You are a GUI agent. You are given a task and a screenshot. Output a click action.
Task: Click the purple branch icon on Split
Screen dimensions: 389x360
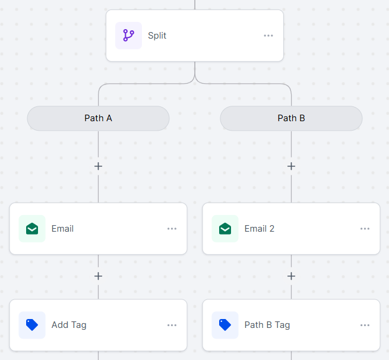click(x=128, y=36)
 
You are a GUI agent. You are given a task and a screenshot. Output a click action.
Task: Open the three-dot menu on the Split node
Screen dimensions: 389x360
click(x=268, y=36)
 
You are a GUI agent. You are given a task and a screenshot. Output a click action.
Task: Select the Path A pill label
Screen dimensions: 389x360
click(x=98, y=118)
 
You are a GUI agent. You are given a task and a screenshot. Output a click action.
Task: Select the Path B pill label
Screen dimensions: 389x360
click(x=291, y=118)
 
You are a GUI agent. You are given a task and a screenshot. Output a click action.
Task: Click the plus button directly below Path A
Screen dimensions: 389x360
click(x=98, y=166)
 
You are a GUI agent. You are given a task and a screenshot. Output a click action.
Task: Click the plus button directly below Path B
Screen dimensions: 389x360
click(x=291, y=166)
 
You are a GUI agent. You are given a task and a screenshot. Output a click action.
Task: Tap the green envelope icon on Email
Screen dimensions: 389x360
click(x=32, y=229)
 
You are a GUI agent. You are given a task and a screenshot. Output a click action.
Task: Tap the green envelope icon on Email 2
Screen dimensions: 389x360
click(x=225, y=229)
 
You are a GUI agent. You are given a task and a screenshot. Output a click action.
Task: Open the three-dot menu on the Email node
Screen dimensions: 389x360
click(x=172, y=229)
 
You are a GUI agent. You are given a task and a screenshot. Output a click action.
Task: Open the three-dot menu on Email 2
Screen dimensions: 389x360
click(x=365, y=229)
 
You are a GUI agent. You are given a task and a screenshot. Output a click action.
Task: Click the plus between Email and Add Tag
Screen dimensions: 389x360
click(x=98, y=276)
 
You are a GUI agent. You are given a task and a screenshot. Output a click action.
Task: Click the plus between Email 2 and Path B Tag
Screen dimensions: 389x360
click(x=291, y=276)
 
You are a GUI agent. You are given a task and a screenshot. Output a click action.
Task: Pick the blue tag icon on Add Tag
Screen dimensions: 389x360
click(x=32, y=325)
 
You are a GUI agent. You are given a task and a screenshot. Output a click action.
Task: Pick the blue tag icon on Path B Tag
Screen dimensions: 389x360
click(x=225, y=325)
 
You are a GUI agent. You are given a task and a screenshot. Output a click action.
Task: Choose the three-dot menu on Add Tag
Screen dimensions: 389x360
click(x=172, y=325)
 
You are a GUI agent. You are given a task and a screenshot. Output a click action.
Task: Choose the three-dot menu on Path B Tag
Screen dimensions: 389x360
click(x=365, y=325)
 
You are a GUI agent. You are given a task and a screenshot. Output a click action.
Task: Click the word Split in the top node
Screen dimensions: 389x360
click(x=157, y=36)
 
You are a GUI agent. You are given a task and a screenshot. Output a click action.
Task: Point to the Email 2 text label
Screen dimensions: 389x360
click(x=260, y=229)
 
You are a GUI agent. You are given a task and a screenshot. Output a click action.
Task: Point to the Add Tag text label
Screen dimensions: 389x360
click(x=69, y=325)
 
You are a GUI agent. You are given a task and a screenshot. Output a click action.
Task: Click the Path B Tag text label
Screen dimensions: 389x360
click(x=267, y=325)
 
